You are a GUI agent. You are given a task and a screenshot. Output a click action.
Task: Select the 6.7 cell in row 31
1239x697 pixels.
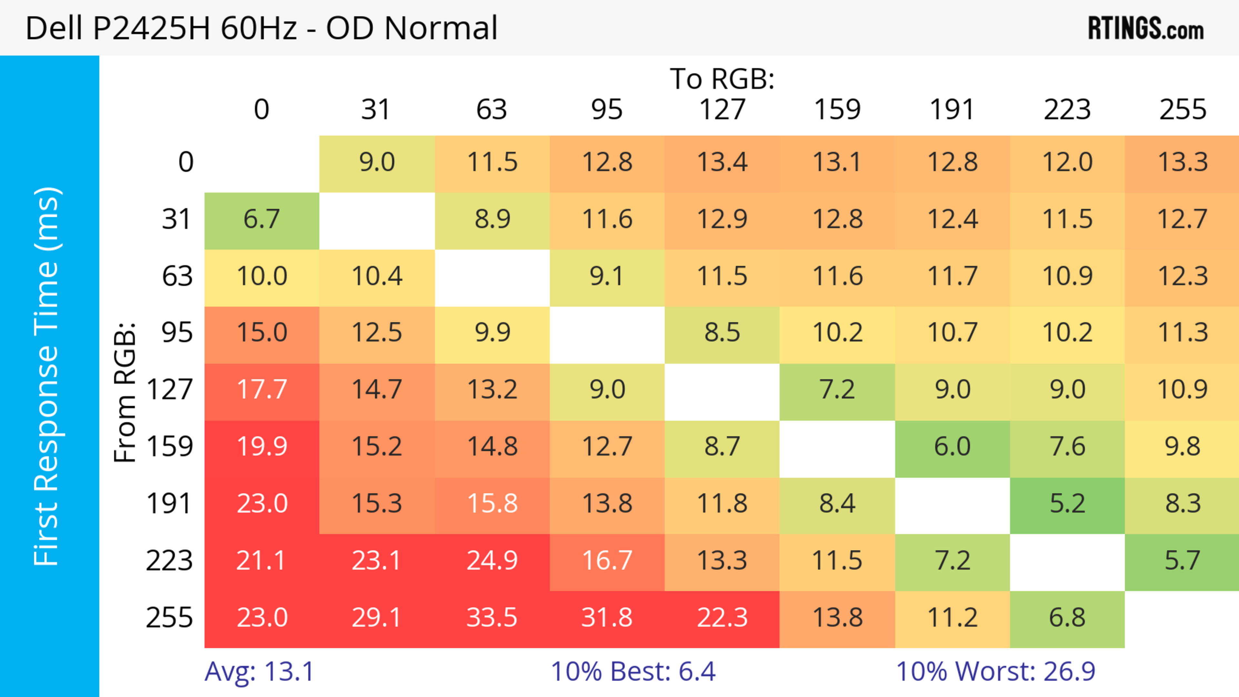[262, 220]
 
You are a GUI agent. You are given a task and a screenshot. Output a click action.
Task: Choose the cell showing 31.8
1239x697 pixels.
[607, 618]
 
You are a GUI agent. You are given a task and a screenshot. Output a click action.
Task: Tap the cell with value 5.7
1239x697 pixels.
[1182, 561]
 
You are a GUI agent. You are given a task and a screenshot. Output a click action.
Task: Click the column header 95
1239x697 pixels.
[607, 110]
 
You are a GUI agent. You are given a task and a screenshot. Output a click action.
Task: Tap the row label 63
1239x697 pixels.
[177, 276]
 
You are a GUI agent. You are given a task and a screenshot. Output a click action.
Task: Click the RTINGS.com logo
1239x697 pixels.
[1146, 29]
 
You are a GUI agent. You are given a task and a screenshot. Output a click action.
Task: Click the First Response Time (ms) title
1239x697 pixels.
[47, 376]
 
